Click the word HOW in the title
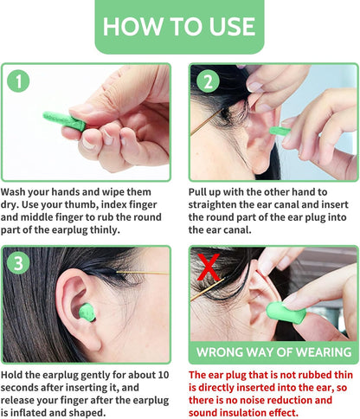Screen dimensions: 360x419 pos(132,27)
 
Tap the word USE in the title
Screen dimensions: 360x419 pos(232,27)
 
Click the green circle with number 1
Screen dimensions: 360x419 pos(18,81)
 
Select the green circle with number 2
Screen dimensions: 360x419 pos(208,81)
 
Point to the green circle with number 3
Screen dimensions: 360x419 pos(18,263)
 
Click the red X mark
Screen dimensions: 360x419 pos(209,268)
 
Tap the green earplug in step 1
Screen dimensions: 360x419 pos(64,121)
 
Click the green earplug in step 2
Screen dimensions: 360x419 pos(280,131)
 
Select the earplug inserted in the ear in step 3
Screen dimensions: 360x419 pos(87,313)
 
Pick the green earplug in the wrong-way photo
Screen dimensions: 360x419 pos(286,313)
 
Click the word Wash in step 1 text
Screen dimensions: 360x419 pos(13,192)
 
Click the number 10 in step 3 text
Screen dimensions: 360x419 pos(163,375)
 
